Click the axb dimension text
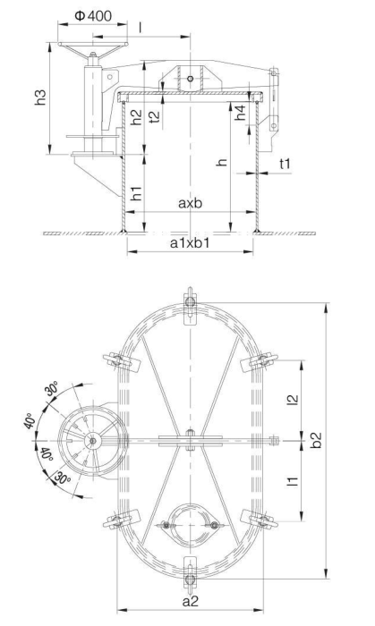coord(189,204)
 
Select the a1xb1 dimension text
coord(191,242)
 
